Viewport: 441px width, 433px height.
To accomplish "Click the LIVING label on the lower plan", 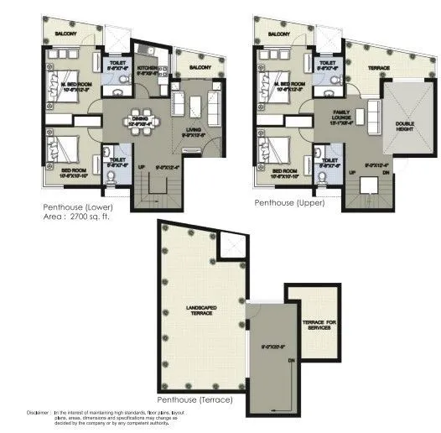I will tap(195, 128).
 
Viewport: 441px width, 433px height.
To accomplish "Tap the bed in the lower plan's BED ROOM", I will tap(64, 154).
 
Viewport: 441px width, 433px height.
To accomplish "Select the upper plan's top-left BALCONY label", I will tap(279, 34).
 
